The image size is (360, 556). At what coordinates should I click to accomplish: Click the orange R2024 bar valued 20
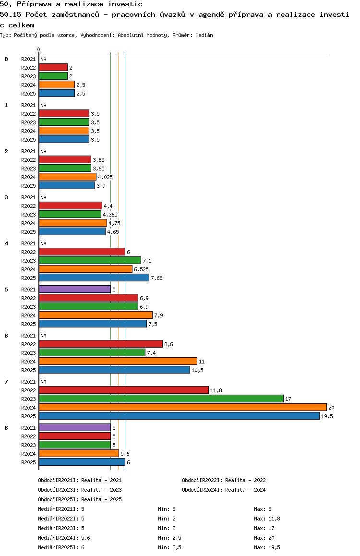click(x=183, y=408)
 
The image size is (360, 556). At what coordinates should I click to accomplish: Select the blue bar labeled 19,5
click(x=180, y=416)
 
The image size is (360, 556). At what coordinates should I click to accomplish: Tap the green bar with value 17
click(x=161, y=399)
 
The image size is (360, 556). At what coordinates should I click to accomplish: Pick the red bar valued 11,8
click(x=124, y=390)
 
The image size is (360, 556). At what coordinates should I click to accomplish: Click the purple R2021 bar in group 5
click(x=75, y=290)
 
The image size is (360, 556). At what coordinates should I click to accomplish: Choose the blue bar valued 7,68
click(x=94, y=278)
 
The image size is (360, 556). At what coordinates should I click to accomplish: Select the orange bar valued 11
click(x=118, y=362)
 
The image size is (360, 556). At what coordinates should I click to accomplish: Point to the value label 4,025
click(x=105, y=177)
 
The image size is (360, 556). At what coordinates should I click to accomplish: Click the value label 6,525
click(x=142, y=269)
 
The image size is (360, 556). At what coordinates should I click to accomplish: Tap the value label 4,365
click(x=110, y=215)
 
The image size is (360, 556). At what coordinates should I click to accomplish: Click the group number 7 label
click(x=6, y=382)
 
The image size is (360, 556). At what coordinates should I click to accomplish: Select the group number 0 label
click(x=6, y=59)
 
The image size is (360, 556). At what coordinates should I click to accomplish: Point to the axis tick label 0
click(x=38, y=49)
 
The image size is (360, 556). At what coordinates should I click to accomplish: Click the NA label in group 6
click(x=43, y=336)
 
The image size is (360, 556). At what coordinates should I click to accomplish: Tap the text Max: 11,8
click(x=267, y=519)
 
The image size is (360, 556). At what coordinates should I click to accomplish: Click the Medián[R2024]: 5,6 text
click(x=64, y=538)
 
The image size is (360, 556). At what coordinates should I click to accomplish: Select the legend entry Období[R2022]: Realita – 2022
click(x=224, y=480)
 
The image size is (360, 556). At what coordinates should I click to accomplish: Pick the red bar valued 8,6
click(x=101, y=344)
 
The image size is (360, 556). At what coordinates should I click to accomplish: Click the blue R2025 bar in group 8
click(x=82, y=462)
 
